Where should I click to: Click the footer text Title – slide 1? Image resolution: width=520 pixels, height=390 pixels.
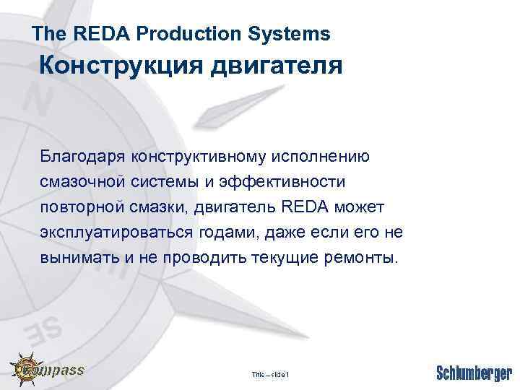coord(270,374)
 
